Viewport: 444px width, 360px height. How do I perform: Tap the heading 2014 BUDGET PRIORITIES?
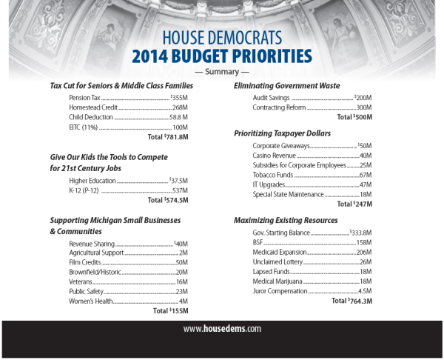221,56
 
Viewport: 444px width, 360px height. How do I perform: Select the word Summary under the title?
221,72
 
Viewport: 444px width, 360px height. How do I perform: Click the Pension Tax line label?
84,97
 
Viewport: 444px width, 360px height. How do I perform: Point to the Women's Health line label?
90,301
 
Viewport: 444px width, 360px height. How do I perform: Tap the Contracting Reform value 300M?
363,107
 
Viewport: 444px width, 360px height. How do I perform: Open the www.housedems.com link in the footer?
222,328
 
